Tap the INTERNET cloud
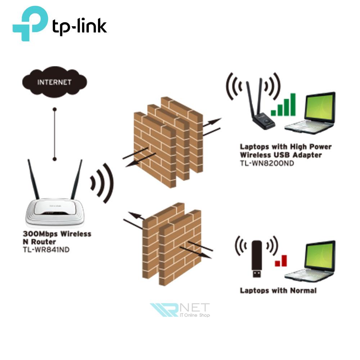tap(54, 82)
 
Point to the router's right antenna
tap(77, 180)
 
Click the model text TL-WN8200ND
tap(267, 163)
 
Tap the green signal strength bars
tap(283, 105)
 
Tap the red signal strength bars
tap(281, 261)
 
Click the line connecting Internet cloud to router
tap(54, 133)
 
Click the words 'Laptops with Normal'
tap(278, 290)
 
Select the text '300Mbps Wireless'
tap(57, 234)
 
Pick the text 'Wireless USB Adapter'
tap(281, 155)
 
